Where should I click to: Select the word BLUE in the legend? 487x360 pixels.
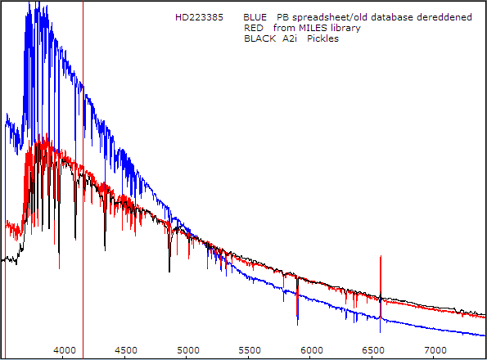click(x=256, y=17)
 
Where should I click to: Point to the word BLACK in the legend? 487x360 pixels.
click(x=259, y=38)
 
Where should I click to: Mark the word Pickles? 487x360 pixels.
click(x=322, y=38)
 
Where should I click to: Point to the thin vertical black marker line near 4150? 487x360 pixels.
click(x=83, y=123)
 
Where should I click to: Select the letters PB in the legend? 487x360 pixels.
click(x=282, y=17)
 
